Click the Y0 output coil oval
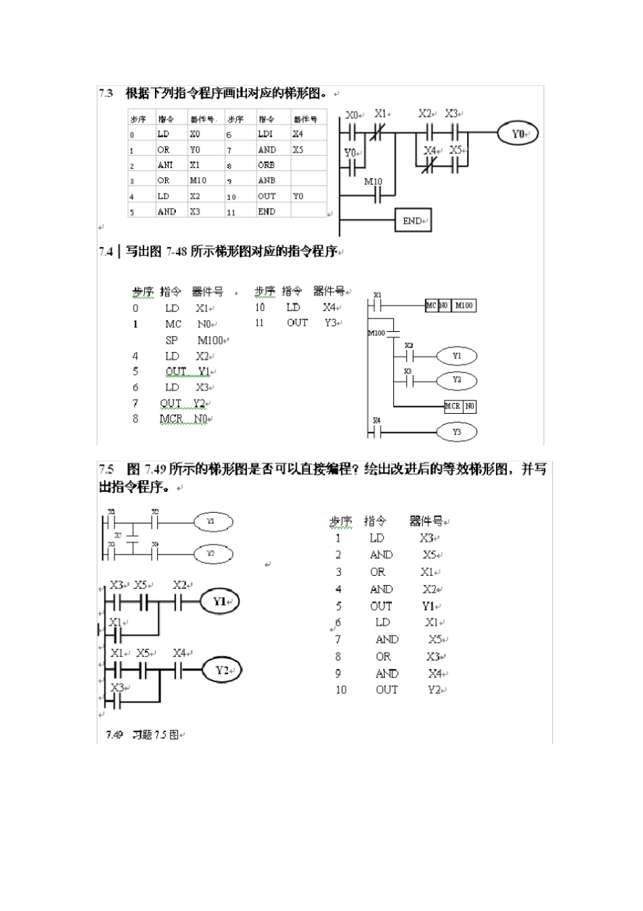coord(518,133)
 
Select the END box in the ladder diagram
coord(412,221)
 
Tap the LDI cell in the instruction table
coord(265,134)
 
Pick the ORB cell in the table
coord(266,165)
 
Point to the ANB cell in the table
coord(266,181)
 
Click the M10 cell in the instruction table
coord(198,181)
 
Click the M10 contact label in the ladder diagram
coord(373,182)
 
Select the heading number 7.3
coord(106,93)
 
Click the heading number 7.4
coord(106,252)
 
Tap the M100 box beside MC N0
coord(464,305)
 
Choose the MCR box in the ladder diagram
coord(452,406)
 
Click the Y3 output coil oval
coord(457,431)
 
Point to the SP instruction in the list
coord(172,340)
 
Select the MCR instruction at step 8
coord(171,419)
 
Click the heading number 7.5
coord(106,469)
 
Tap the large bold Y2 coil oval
coord(222,671)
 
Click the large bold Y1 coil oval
coord(220,601)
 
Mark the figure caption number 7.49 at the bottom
coord(114,734)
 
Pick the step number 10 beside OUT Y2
coord(340,690)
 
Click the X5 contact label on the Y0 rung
coord(456,150)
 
